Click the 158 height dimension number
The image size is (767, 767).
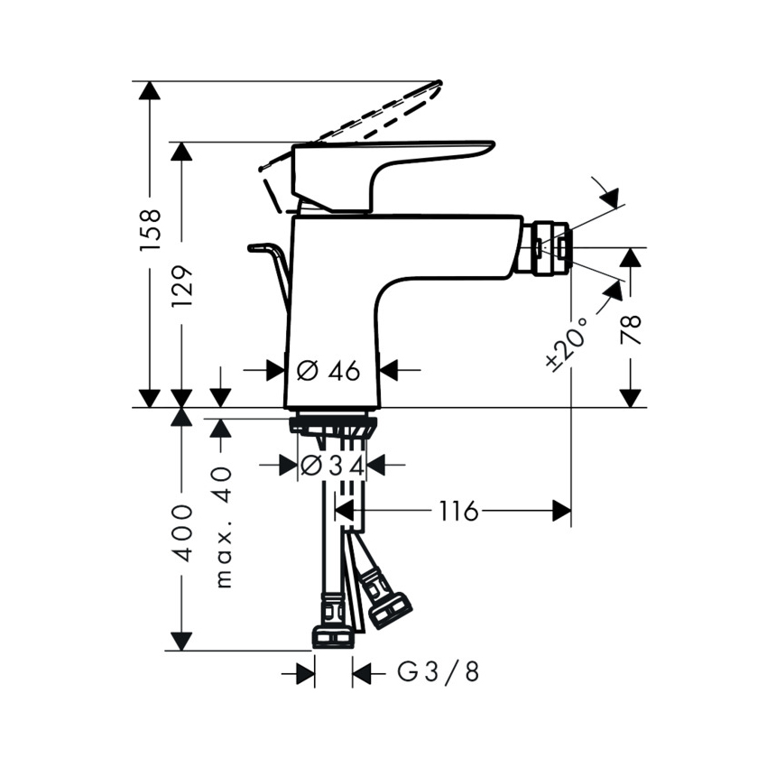[x=150, y=230]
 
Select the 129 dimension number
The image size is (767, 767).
[x=182, y=286]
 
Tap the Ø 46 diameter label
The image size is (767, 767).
[x=328, y=371]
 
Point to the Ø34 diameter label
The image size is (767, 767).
[x=333, y=466]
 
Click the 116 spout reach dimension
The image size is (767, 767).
[x=457, y=511]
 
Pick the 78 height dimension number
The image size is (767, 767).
[x=631, y=329]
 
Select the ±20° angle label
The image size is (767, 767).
[x=566, y=342]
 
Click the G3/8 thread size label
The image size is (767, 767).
[x=438, y=671]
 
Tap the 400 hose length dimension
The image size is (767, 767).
[x=182, y=533]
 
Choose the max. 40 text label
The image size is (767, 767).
[x=223, y=527]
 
